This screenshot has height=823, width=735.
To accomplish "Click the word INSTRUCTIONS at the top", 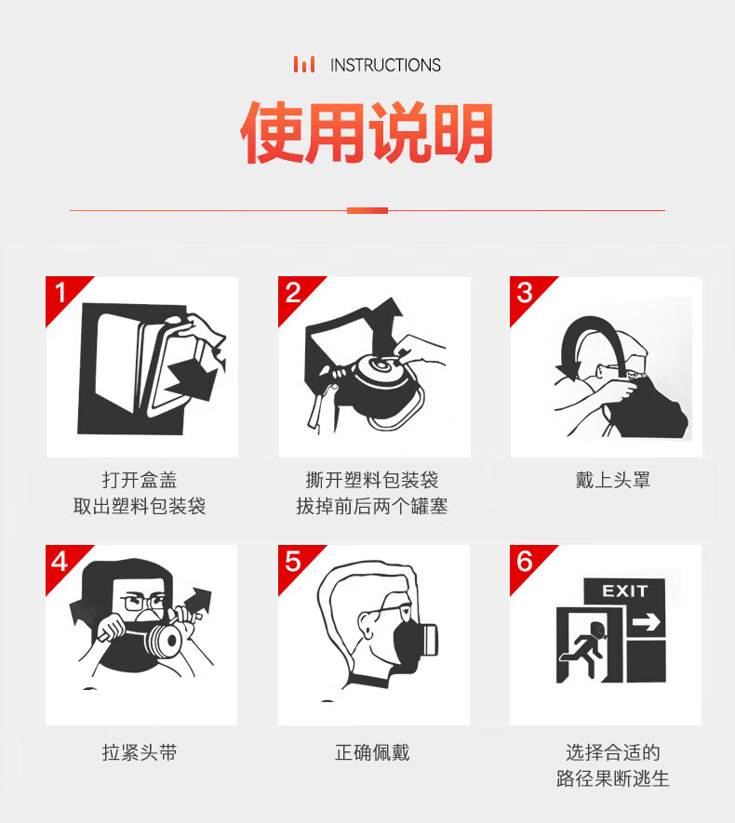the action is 385,65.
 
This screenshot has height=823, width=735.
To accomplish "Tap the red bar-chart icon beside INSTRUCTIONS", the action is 304,64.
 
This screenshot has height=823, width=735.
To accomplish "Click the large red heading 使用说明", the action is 367,133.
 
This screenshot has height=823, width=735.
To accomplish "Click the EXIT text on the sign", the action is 625,591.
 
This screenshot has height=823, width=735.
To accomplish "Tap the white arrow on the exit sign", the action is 647,623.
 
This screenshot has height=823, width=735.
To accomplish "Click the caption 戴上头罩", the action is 613,480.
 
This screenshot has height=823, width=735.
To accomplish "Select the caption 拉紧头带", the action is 140,752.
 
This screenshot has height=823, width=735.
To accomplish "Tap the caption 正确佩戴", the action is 372,752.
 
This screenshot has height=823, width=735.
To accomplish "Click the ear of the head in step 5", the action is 367,625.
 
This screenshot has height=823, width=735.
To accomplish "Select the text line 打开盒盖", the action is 140,480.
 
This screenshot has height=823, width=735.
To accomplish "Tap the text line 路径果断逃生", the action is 613,779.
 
